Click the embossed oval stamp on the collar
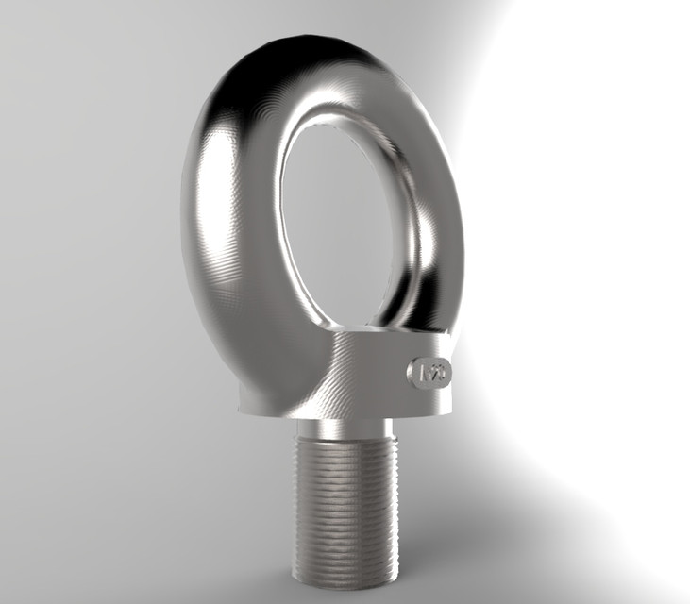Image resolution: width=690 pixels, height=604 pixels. click(x=430, y=371)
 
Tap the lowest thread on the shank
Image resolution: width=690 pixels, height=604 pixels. click(x=345, y=574)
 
